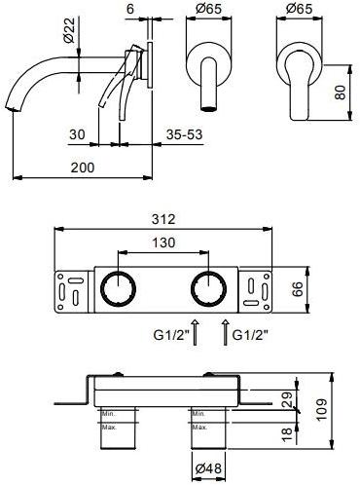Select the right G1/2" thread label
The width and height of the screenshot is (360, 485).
click(x=250, y=332)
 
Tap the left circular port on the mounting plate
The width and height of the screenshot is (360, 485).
click(x=119, y=289)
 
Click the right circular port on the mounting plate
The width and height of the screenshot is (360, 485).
click(x=206, y=289)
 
